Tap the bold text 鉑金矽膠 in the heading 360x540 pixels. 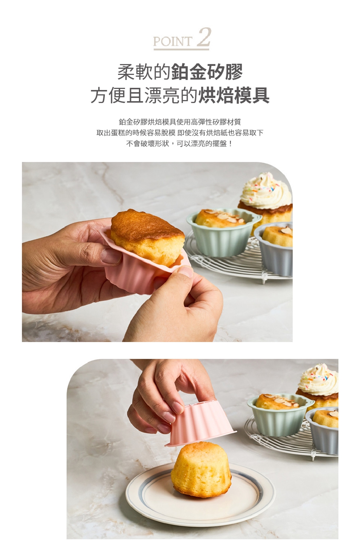207,72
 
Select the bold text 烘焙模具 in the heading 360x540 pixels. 233,95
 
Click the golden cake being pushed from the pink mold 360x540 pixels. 147,237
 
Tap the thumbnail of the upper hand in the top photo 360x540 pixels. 111,256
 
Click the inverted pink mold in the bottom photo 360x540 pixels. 201,423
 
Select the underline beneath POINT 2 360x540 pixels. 181,49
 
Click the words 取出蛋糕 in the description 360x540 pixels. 110,133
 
